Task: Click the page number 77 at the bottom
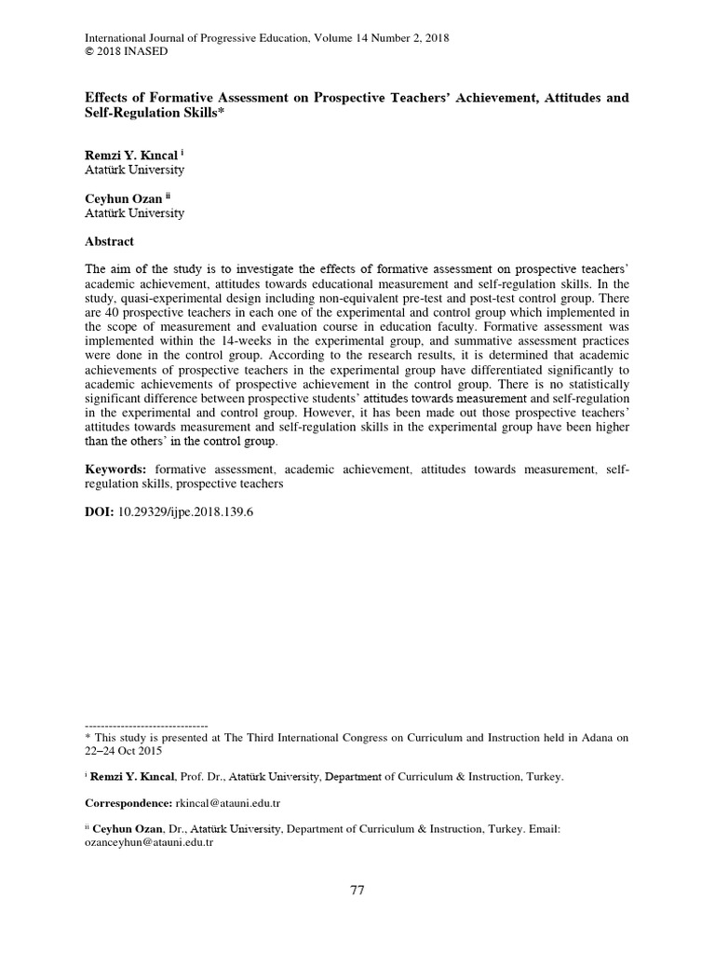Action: pyautogui.click(x=357, y=890)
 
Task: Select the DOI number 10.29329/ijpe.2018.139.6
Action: pyautogui.click(x=186, y=512)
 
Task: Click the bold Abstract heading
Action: pyautogui.click(x=110, y=241)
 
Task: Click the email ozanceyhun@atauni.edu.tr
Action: pyautogui.click(x=149, y=841)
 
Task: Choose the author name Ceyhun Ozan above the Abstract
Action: pyautogui.click(x=123, y=198)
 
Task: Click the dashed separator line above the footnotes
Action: pyautogui.click(x=146, y=725)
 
